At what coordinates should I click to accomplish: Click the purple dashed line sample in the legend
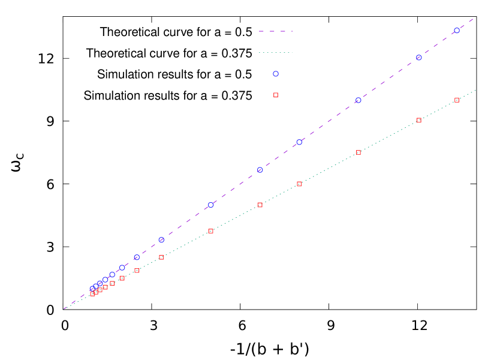[275, 31]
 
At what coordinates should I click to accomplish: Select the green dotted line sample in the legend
[275, 53]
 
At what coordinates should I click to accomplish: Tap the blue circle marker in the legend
[276, 74]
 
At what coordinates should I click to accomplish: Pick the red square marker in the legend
[276, 95]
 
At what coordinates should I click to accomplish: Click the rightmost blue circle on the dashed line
[457, 31]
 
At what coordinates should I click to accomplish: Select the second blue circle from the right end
[419, 58]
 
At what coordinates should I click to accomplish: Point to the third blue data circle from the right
[359, 100]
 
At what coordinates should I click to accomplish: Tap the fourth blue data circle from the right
[299, 142]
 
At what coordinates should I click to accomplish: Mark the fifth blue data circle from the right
[260, 170]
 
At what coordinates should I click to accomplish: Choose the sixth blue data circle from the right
[211, 205]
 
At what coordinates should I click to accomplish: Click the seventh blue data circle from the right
[161, 240]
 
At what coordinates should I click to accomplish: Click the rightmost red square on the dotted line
[457, 100]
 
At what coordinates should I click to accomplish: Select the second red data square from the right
[419, 121]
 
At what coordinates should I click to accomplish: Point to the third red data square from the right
[359, 152]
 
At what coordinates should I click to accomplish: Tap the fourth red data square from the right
[299, 184]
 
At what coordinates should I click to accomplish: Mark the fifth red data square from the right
[260, 205]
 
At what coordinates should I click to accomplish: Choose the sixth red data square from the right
[211, 231]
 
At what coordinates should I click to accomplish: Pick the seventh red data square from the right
[161, 257]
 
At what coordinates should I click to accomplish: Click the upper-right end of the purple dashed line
[474, 19]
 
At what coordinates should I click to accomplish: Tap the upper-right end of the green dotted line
[475, 91]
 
